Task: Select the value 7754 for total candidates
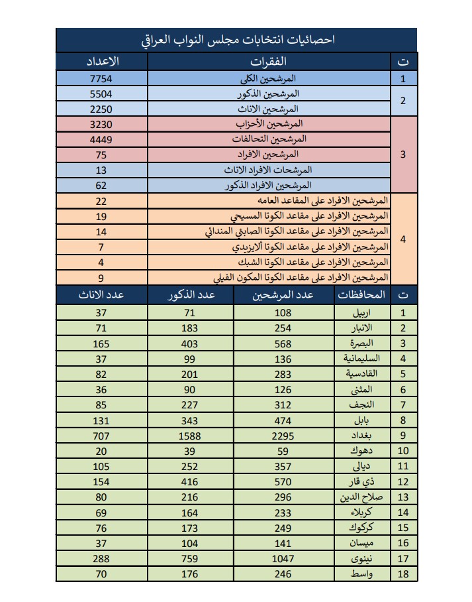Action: pos(102,78)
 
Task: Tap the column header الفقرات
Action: pos(271,62)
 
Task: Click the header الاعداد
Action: pos(102,62)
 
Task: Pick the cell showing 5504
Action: pos(102,93)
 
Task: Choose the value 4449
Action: pos(102,139)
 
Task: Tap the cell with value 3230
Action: pos(102,124)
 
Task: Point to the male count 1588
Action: pos(189,436)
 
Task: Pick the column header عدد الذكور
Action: pos(191,295)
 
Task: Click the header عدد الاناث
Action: pos(102,295)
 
